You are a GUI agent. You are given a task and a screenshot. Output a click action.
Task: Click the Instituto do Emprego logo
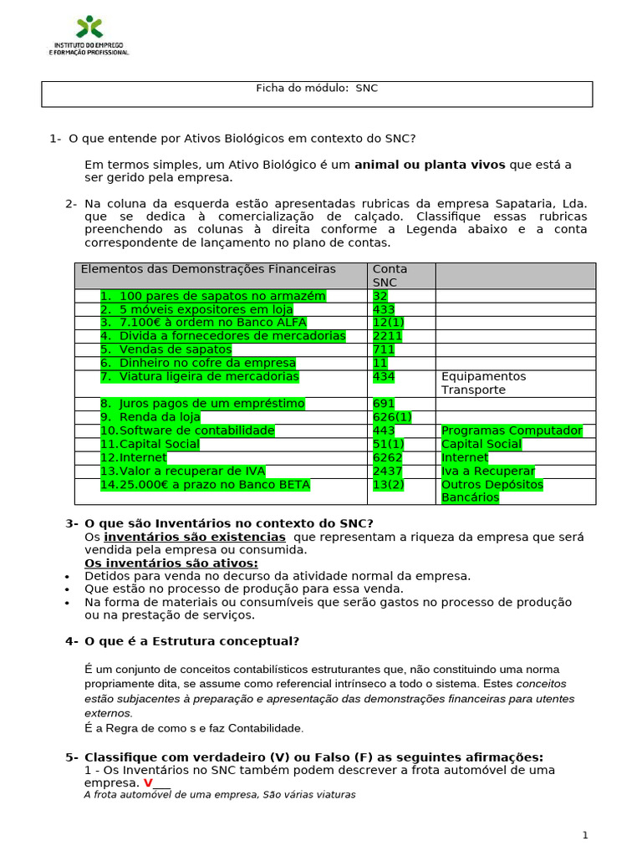pyautogui.click(x=89, y=36)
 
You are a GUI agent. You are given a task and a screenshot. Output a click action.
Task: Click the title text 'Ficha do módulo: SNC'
pyautogui.click(x=316, y=88)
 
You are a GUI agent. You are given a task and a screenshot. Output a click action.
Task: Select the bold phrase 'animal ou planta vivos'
pyautogui.click(x=430, y=165)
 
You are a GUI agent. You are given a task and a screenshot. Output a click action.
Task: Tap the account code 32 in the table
pyautogui.click(x=380, y=296)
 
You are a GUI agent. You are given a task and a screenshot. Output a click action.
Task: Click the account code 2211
pyautogui.click(x=387, y=336)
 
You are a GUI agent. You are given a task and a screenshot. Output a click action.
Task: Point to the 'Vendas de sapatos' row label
pyautogui.click(x=166, y=349)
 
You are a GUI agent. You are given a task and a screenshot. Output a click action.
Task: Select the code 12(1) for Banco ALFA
pyautogui.click(x=389, y=323)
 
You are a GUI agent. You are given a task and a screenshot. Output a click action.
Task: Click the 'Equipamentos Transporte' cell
pyautogui.click(x=484, y=383)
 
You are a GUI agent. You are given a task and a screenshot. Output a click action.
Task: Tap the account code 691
pyautogui.click(x=383, y=404)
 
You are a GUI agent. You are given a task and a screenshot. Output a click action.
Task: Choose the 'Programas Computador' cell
pyautogui.click(x=512, y=431)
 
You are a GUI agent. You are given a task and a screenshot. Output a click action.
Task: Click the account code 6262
pyautogui.click(x=387, y=457)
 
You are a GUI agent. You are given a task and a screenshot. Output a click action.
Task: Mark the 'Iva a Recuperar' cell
pyautogui.click(x=487, y=471)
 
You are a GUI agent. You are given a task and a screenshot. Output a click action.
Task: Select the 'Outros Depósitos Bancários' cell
pyautogui.click(x=492, y=491)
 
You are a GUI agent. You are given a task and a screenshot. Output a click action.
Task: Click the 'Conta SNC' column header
pyautogui.click(x=390, y=275)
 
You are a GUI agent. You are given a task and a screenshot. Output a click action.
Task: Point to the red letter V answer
pyautogui.click(x=148, y=783)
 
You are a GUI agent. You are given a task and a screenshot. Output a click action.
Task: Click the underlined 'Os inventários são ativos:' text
pyautogui.click(x=171, y=563)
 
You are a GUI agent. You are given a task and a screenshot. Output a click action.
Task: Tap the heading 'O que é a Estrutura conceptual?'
pyautogui.click(x=191, y=641)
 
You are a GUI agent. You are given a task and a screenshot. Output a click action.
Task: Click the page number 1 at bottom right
pyautogui.click(x=585, y=835)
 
